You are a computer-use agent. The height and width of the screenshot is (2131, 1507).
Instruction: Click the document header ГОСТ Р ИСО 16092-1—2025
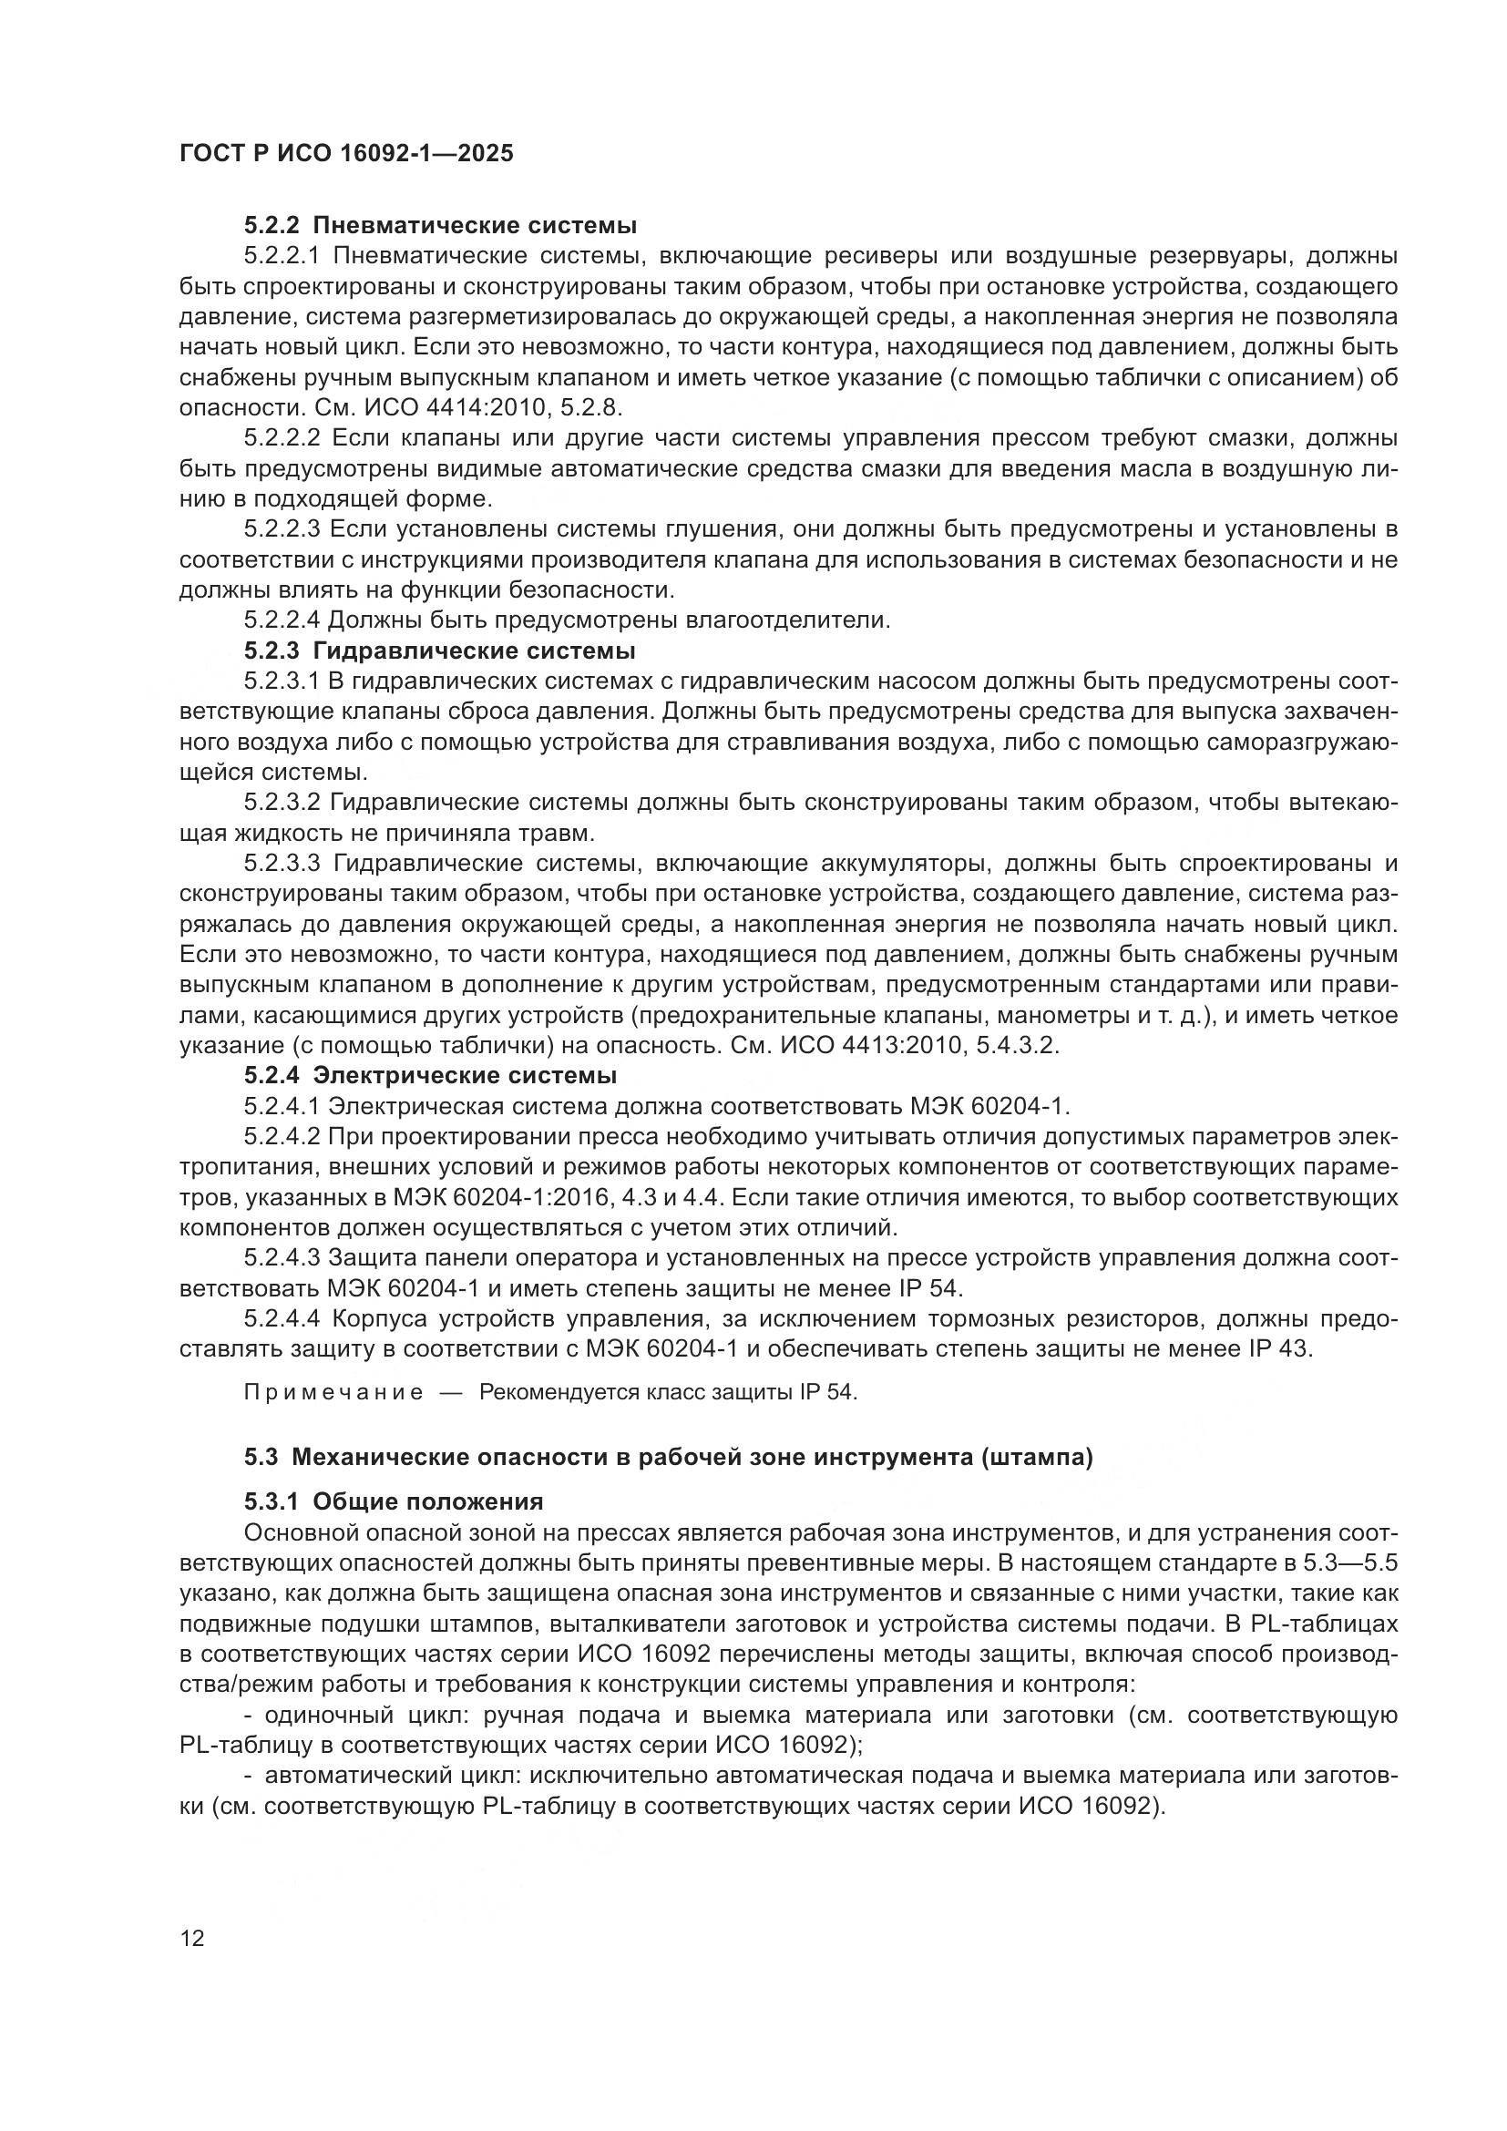tap(346, 154)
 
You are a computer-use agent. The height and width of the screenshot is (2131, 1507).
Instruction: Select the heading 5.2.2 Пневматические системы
tap(441, 225)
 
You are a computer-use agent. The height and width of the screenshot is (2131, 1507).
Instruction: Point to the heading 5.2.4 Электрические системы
tap(431, 1076)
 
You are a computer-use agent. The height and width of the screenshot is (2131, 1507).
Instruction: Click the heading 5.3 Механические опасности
tap(668, 1457)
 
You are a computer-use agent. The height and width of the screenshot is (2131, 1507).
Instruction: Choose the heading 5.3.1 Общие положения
tap(394, 1501)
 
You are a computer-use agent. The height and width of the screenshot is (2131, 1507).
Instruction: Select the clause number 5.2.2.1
tap(282, 255)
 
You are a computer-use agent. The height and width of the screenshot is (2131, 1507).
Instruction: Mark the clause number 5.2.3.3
tap(282, 863)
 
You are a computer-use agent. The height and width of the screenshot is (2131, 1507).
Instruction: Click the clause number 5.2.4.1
tap(282, 1106)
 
